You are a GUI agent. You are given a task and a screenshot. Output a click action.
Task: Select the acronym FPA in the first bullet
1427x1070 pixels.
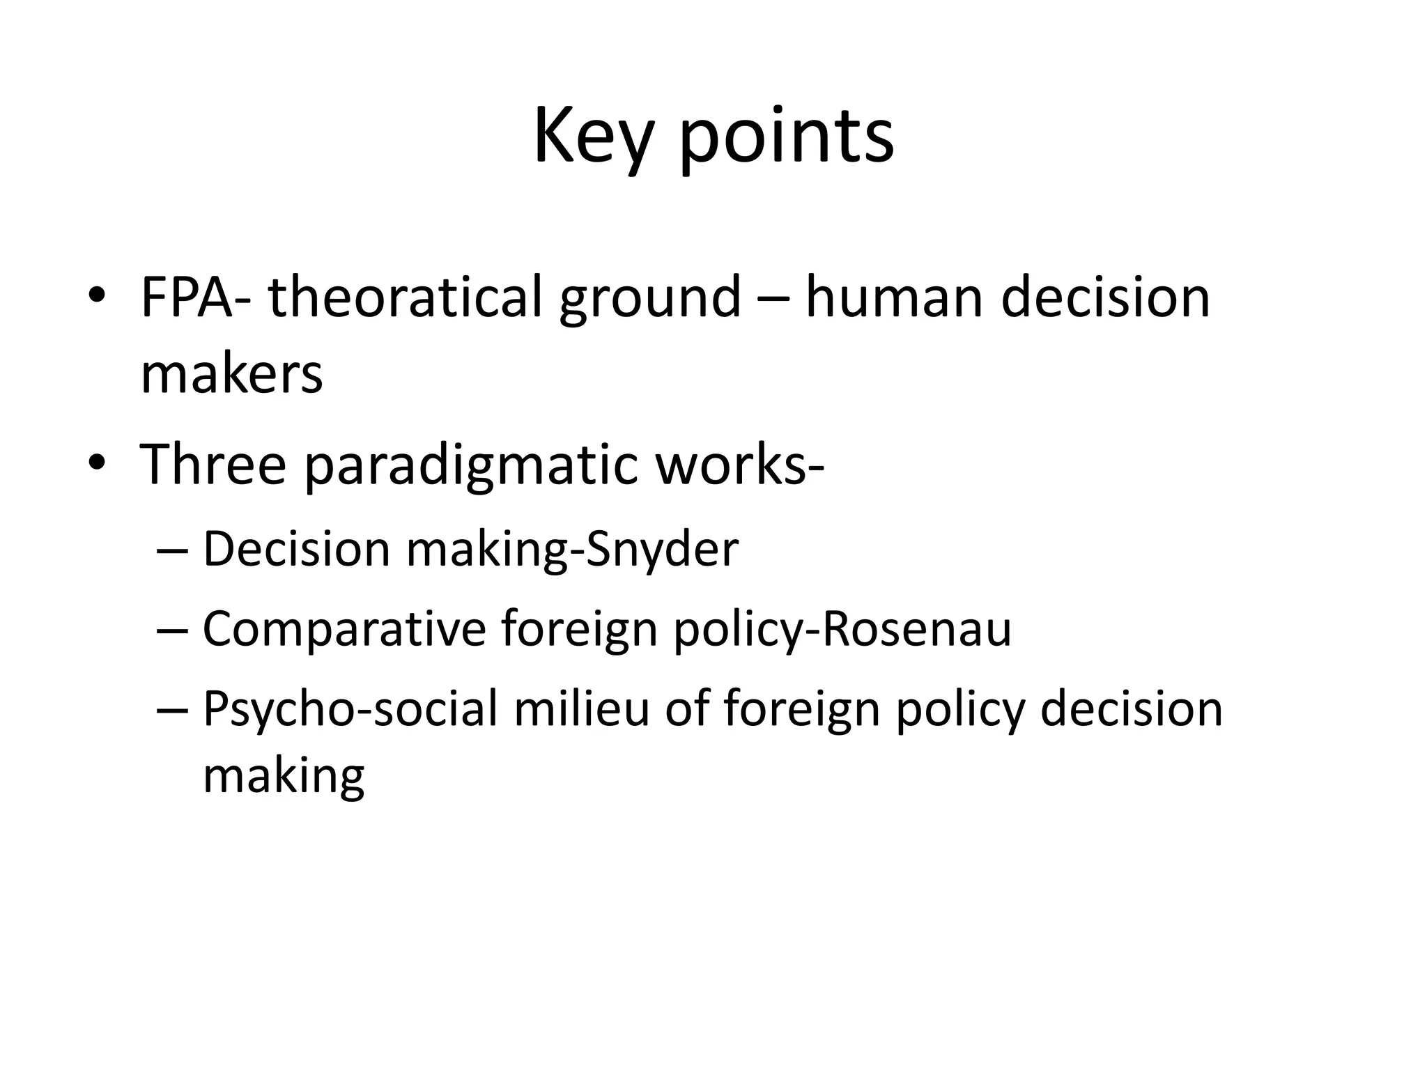[x=187, y=297]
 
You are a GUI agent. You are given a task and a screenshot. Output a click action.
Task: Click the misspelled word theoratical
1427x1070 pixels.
[x=405, y=297]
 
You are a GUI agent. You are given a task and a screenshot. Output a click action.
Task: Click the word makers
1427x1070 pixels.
[x=231, y=375]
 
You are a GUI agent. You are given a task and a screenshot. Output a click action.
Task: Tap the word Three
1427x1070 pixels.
[x=213, y=464]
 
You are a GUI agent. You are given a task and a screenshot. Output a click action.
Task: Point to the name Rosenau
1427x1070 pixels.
[x=917, y=629]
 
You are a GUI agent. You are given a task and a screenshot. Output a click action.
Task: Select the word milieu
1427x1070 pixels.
[x=581, y=708]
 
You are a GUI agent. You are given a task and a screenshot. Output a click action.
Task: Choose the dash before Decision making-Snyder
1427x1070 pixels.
[x=173, y=550]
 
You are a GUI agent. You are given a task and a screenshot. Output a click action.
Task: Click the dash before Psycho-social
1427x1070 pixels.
[x=173, y=709]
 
